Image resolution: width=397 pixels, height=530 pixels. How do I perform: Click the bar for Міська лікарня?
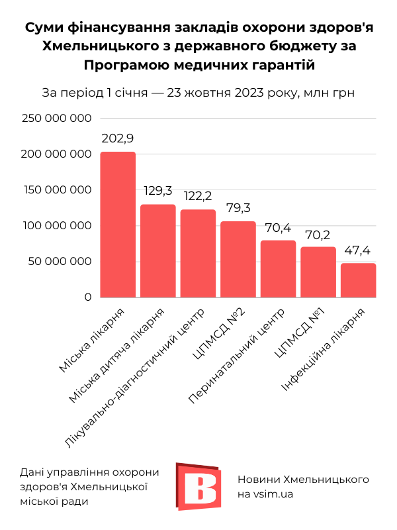(118, 225)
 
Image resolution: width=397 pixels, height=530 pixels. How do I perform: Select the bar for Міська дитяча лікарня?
(158, 251)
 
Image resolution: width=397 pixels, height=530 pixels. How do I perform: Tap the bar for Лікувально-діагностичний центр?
(198, 254)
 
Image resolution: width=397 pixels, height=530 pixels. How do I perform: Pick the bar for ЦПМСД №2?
(238, 259)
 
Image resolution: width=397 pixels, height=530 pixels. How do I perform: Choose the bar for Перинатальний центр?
(278, 268)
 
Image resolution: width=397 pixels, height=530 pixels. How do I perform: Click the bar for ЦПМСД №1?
(318, 272)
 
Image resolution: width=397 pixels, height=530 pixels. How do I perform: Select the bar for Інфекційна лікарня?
(358, 280)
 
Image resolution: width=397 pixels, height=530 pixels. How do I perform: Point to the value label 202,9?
(118, 139)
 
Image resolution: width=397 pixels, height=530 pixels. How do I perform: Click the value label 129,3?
(158, 191)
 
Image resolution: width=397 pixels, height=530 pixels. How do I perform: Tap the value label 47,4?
(358, 250)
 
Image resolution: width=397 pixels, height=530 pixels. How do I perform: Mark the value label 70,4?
(278, 227)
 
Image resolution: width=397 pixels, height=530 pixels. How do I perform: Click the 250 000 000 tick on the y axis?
(56, 119)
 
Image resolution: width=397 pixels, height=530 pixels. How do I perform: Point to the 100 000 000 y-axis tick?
(56, 226)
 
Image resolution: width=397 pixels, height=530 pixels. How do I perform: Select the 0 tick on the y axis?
(87, 297)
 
